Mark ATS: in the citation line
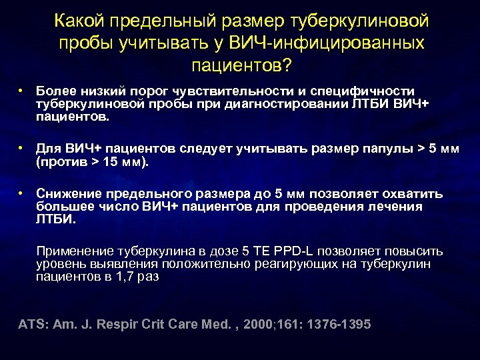click(x=31, y=324)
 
